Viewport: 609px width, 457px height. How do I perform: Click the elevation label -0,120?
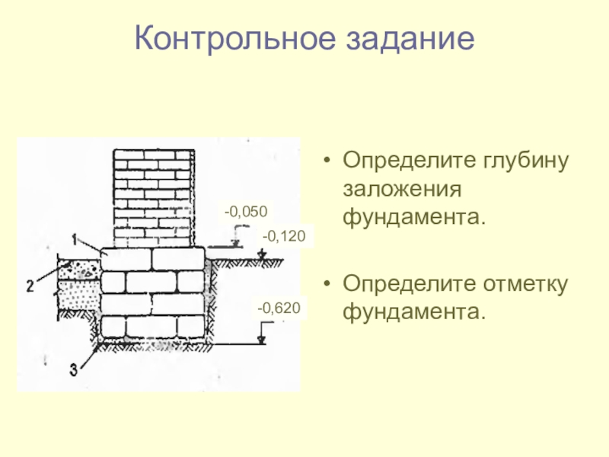(x=283, y=238)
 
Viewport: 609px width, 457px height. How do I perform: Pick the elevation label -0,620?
(x=279, y=308)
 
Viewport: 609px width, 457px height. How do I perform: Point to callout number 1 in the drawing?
(x=77, y=239)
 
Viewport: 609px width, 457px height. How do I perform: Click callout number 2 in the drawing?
(x=30, y=286)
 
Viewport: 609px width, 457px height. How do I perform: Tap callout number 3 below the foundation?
(x=73, y=370)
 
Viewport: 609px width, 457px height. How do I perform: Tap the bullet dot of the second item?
(x=327, y=286)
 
